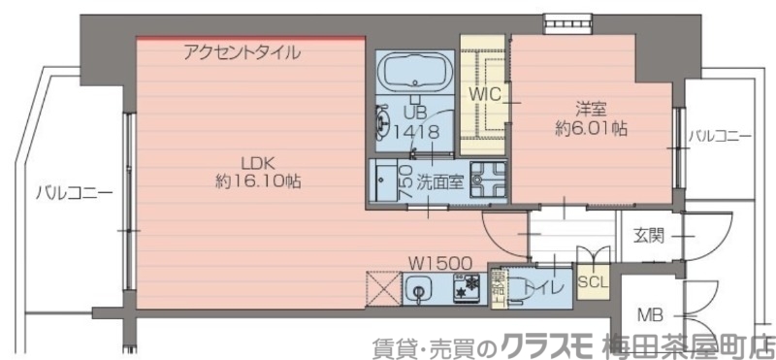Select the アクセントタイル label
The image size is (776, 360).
[x=242, y=52]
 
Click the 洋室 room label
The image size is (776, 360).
[x=590, y=109]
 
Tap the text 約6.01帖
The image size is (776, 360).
[x=590, y=128]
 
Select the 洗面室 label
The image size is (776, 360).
[x=438, y=180]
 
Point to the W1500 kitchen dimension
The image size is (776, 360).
[x=439, y=262]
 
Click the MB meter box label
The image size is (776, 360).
[x=650, y=314]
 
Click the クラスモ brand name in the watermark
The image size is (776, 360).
[x=545, y=344]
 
